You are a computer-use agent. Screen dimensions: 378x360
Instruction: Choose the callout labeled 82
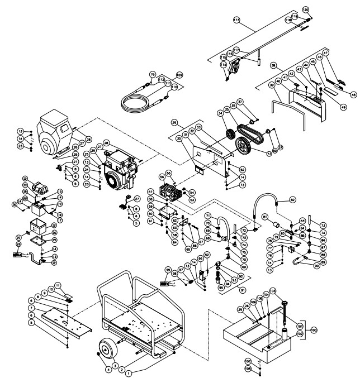pos(291,199)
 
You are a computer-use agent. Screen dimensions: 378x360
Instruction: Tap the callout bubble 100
pos(313,330)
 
